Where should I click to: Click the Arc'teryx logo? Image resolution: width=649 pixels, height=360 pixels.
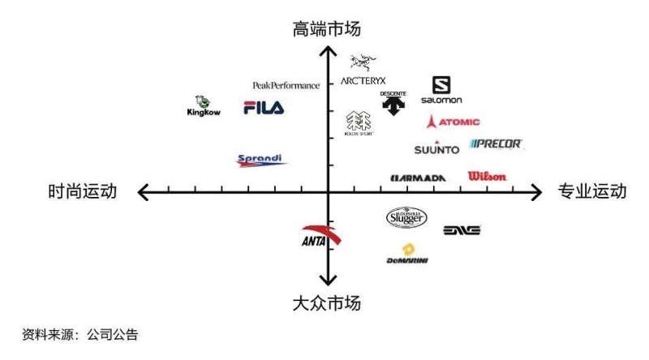363,71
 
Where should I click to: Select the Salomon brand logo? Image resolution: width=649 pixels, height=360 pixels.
441,90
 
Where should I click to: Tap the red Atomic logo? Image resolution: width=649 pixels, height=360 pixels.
453,122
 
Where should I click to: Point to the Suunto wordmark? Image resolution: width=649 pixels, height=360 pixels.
436,149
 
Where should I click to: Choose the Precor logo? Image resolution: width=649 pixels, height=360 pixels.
496,144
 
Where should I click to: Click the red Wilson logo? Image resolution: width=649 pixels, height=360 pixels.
487,176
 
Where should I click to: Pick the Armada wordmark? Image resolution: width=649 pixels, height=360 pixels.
418,178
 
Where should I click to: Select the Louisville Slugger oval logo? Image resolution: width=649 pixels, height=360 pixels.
406,217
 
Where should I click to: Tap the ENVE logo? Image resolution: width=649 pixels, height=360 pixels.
462,230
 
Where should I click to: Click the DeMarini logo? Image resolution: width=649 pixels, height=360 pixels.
407,254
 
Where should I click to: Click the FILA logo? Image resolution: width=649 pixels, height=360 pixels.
264,108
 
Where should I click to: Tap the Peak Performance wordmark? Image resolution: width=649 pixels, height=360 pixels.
286,85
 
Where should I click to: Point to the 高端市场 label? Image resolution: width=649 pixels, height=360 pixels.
327,29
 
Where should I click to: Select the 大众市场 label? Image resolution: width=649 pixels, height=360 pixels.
327,303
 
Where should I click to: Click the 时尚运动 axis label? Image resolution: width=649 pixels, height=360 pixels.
83,192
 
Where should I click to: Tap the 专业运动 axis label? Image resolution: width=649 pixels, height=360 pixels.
592,192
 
